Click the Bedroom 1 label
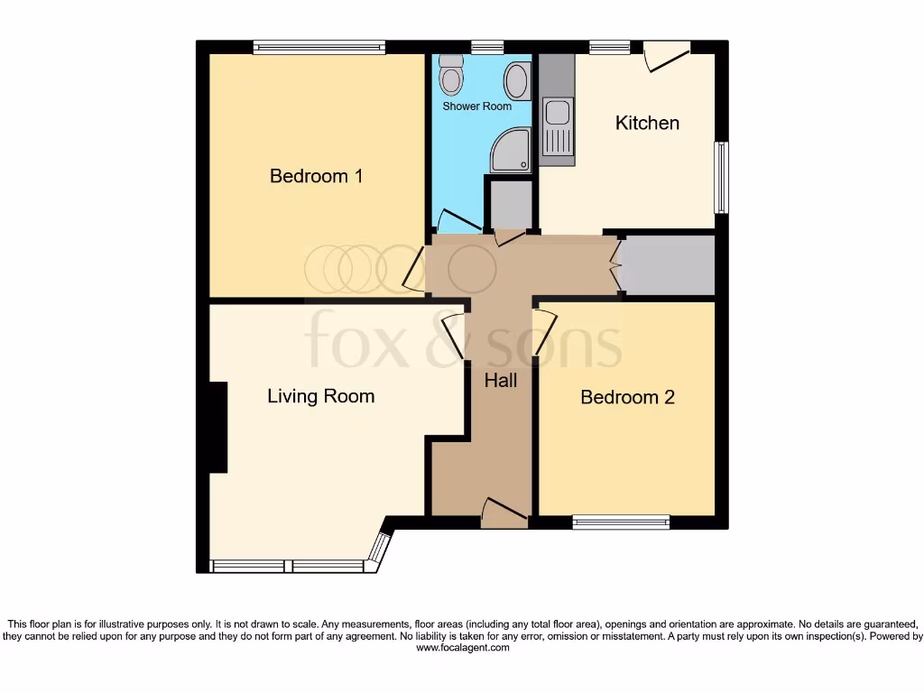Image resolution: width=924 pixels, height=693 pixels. [316, 176]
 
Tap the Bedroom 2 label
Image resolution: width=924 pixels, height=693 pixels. [627, 397]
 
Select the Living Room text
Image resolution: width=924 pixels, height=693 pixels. [320, 396]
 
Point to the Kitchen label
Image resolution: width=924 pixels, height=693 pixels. [647, 123]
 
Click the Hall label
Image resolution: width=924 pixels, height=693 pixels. [500, 381]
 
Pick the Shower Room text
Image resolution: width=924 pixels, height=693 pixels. [476, 106]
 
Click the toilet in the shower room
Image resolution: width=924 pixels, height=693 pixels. [450, 77]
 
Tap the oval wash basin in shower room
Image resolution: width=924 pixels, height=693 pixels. [516, 81]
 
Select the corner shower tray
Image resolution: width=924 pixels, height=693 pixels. [510, 151]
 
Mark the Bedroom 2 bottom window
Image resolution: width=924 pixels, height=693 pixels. [621, 522]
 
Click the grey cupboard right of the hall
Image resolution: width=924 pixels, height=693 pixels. [669, 265]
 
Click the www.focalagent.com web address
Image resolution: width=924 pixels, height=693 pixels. [462, 648]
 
